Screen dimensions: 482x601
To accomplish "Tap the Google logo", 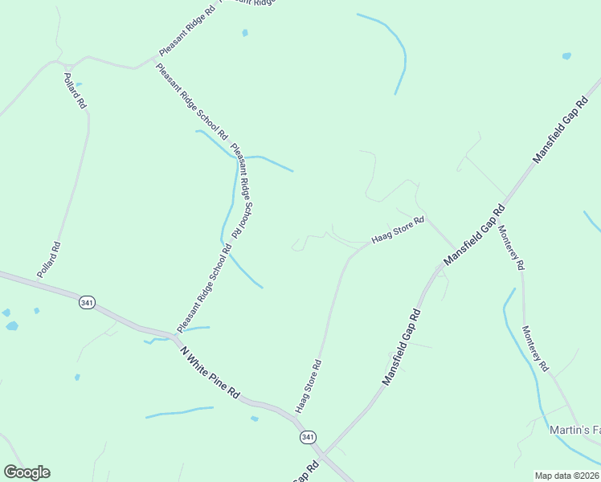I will point(27,472).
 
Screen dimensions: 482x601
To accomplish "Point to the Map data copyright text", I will point(567,476).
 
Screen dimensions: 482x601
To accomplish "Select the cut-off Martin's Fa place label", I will point(574,431).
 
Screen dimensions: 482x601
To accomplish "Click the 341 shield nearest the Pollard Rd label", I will point(87,302).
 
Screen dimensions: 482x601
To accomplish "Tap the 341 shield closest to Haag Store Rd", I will point(308,437).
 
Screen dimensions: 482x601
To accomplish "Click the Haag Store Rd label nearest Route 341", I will point(309,386).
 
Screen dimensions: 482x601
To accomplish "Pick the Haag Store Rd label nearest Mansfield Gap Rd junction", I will point(397,230).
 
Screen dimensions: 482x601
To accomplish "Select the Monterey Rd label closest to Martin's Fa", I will point(535,348).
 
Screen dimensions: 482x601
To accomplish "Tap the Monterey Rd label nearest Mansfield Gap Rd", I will point(511,247).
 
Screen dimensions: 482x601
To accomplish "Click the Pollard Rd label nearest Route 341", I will point(48,260).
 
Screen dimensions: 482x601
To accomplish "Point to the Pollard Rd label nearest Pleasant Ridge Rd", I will point(74,91).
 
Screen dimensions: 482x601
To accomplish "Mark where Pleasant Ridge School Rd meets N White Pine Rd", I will point(174,335).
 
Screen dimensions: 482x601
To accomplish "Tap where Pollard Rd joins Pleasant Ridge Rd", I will point(71,64).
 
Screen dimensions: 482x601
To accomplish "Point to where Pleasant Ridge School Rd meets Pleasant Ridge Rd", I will point(155,59).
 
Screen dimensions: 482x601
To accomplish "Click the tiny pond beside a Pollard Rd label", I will point(79,84).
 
